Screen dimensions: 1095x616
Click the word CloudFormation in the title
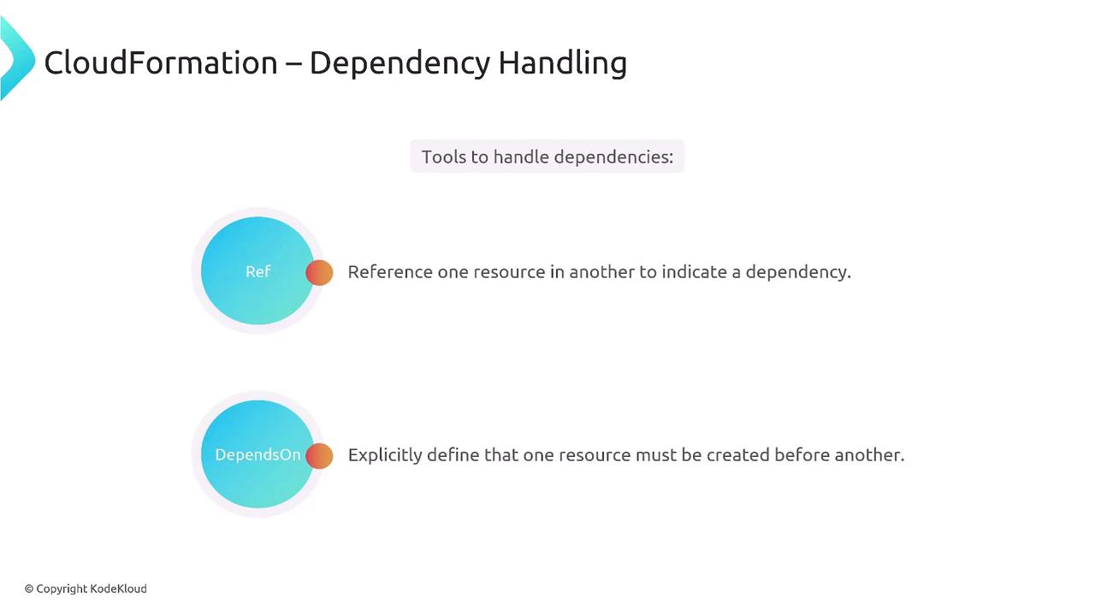tap(161, 62)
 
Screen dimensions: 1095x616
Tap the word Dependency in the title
tap(400, 64)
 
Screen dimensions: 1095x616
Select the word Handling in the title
tap(562, 64)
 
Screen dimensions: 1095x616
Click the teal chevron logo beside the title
tap(18, 58)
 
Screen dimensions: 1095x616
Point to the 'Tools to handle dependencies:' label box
tap(547, 157)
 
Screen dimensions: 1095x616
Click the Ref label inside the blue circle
tap(257, 271)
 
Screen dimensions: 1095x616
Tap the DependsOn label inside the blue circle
tap(257, 454)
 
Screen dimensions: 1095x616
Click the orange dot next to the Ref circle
tap(319, 272)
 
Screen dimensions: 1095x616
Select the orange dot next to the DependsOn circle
tap(319, 456)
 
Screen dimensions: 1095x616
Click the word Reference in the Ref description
tap(390, 272)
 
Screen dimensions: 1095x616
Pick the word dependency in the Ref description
tap(798, 273)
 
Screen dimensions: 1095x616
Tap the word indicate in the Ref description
tap(694, 272)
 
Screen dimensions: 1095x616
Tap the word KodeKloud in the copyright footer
tap(118, 589)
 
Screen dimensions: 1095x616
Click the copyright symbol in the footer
tap(29, 589)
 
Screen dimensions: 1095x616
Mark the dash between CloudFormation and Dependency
tap(293, 64)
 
